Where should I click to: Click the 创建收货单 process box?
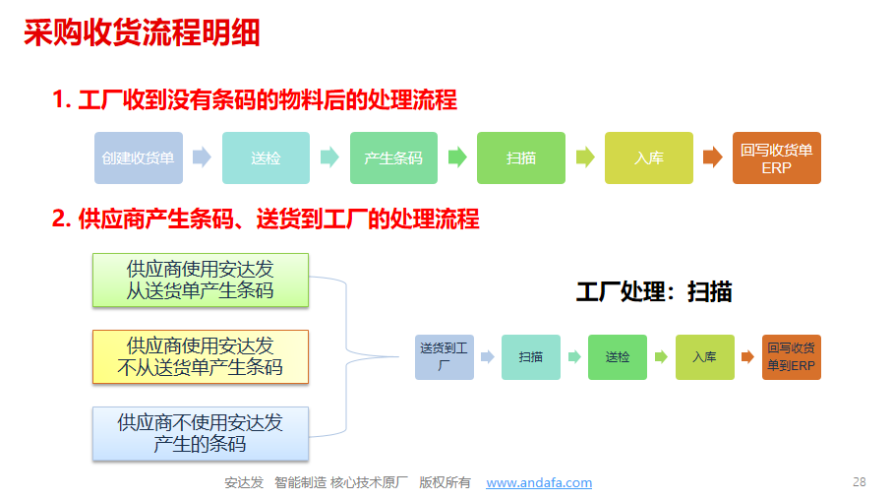coord(138,157)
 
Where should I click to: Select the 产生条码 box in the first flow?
coord(393,157)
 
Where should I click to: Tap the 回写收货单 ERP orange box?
coord(776,157)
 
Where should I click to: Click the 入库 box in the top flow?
coord(648,157)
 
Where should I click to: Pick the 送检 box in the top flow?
coord(266,157)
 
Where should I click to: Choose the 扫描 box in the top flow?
coord(521,157)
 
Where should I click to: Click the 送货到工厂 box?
coord(445,357)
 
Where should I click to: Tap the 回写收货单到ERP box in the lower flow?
coord(792,357)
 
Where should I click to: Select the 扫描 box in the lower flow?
coord(531,357)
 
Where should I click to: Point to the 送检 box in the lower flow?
coord(618,357)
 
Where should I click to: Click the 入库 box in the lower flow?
coord(704,357)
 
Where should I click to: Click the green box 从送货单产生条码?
coord(200,279)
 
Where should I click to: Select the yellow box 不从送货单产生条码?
coord(200,356)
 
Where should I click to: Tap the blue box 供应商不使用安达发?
coord(200,433)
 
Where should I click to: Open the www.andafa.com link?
coord(539,482)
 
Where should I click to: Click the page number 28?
coord(859,481)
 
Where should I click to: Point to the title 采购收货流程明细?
coord(143,33)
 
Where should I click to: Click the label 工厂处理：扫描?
coord(653,291)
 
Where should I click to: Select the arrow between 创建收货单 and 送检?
coord(202,157)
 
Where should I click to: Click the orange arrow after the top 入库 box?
coord(712,157)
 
